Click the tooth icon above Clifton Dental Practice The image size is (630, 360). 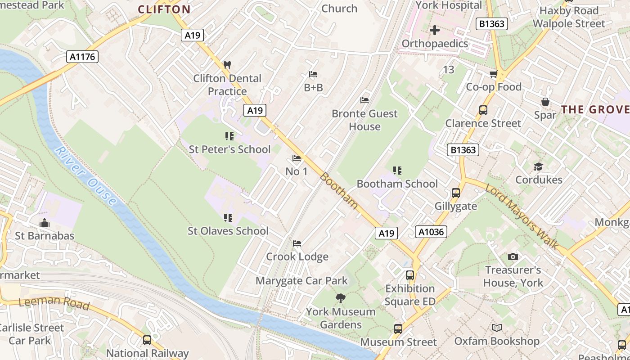tap(227, 65)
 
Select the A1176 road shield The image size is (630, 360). tap(82, 57)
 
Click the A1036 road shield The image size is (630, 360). tap(431, 232)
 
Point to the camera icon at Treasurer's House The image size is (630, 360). tap(513, 256)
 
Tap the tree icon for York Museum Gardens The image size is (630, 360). tap(341, 298)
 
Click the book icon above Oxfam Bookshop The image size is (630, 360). tap(496, 328)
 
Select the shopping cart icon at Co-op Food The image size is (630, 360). tap(494, 74)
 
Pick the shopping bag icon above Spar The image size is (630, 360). tap(545, 102)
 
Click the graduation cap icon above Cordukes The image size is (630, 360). tap(538, 167)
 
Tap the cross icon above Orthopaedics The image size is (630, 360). tap(435, 30)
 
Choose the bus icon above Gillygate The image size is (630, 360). tap(455, 193)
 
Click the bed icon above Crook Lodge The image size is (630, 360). tap(297, 243)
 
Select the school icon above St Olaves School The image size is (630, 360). tap(228, 218)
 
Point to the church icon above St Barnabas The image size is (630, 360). tap(44, 223)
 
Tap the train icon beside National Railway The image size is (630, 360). tap(147, 340)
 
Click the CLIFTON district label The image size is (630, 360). tap(164, 9)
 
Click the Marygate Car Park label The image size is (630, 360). tap(301, 281)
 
